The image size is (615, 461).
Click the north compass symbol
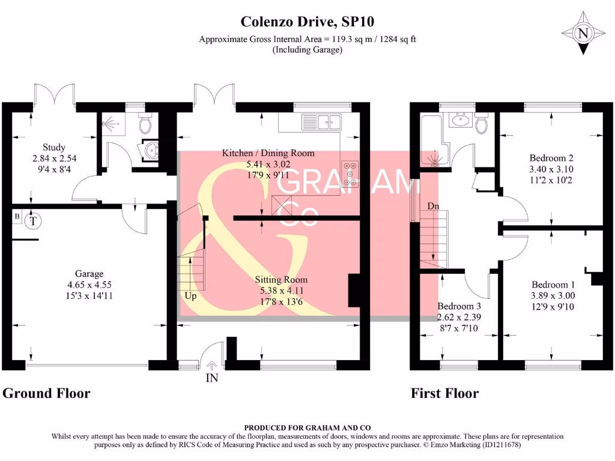(x=582, y=34)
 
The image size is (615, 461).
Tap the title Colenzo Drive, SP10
(x=307, y=22)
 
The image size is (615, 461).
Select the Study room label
(x=54, y=147)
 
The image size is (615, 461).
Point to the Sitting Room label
(x=281, y=280)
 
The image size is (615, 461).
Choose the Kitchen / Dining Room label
(x=268, y=153)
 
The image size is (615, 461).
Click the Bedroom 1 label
(x=553, y=285)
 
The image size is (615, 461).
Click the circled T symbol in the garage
(x=34, y=221)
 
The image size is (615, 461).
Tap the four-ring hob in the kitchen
(x=350, y=173)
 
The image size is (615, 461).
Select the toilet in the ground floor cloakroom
(x=144, y=124)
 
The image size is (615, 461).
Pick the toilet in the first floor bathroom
(x=480, y=124)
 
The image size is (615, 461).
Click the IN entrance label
(x=211, y=378)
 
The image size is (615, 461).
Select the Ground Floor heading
(x=46, y=394)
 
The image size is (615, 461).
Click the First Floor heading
(x=444, y=394)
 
